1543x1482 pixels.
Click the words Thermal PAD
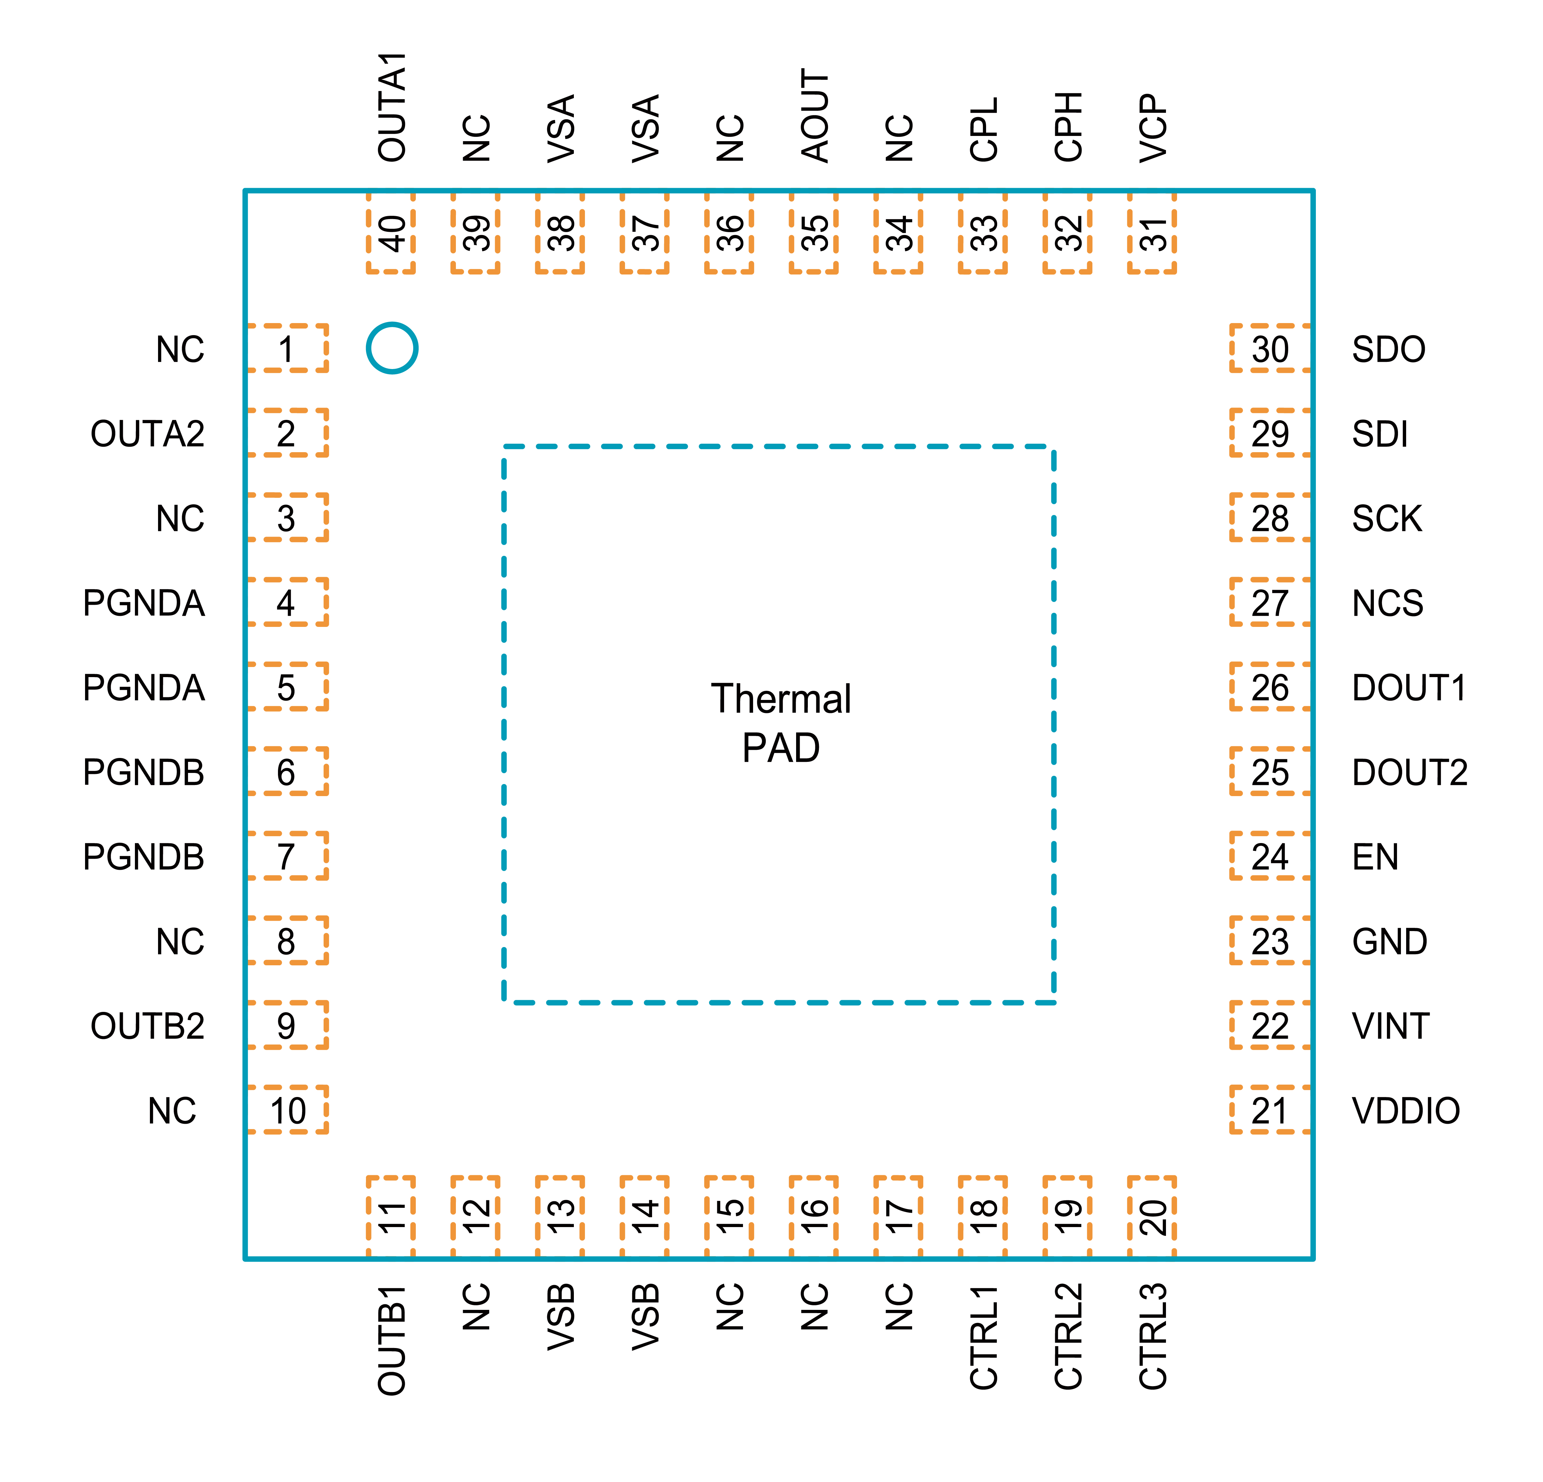(781, 723)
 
